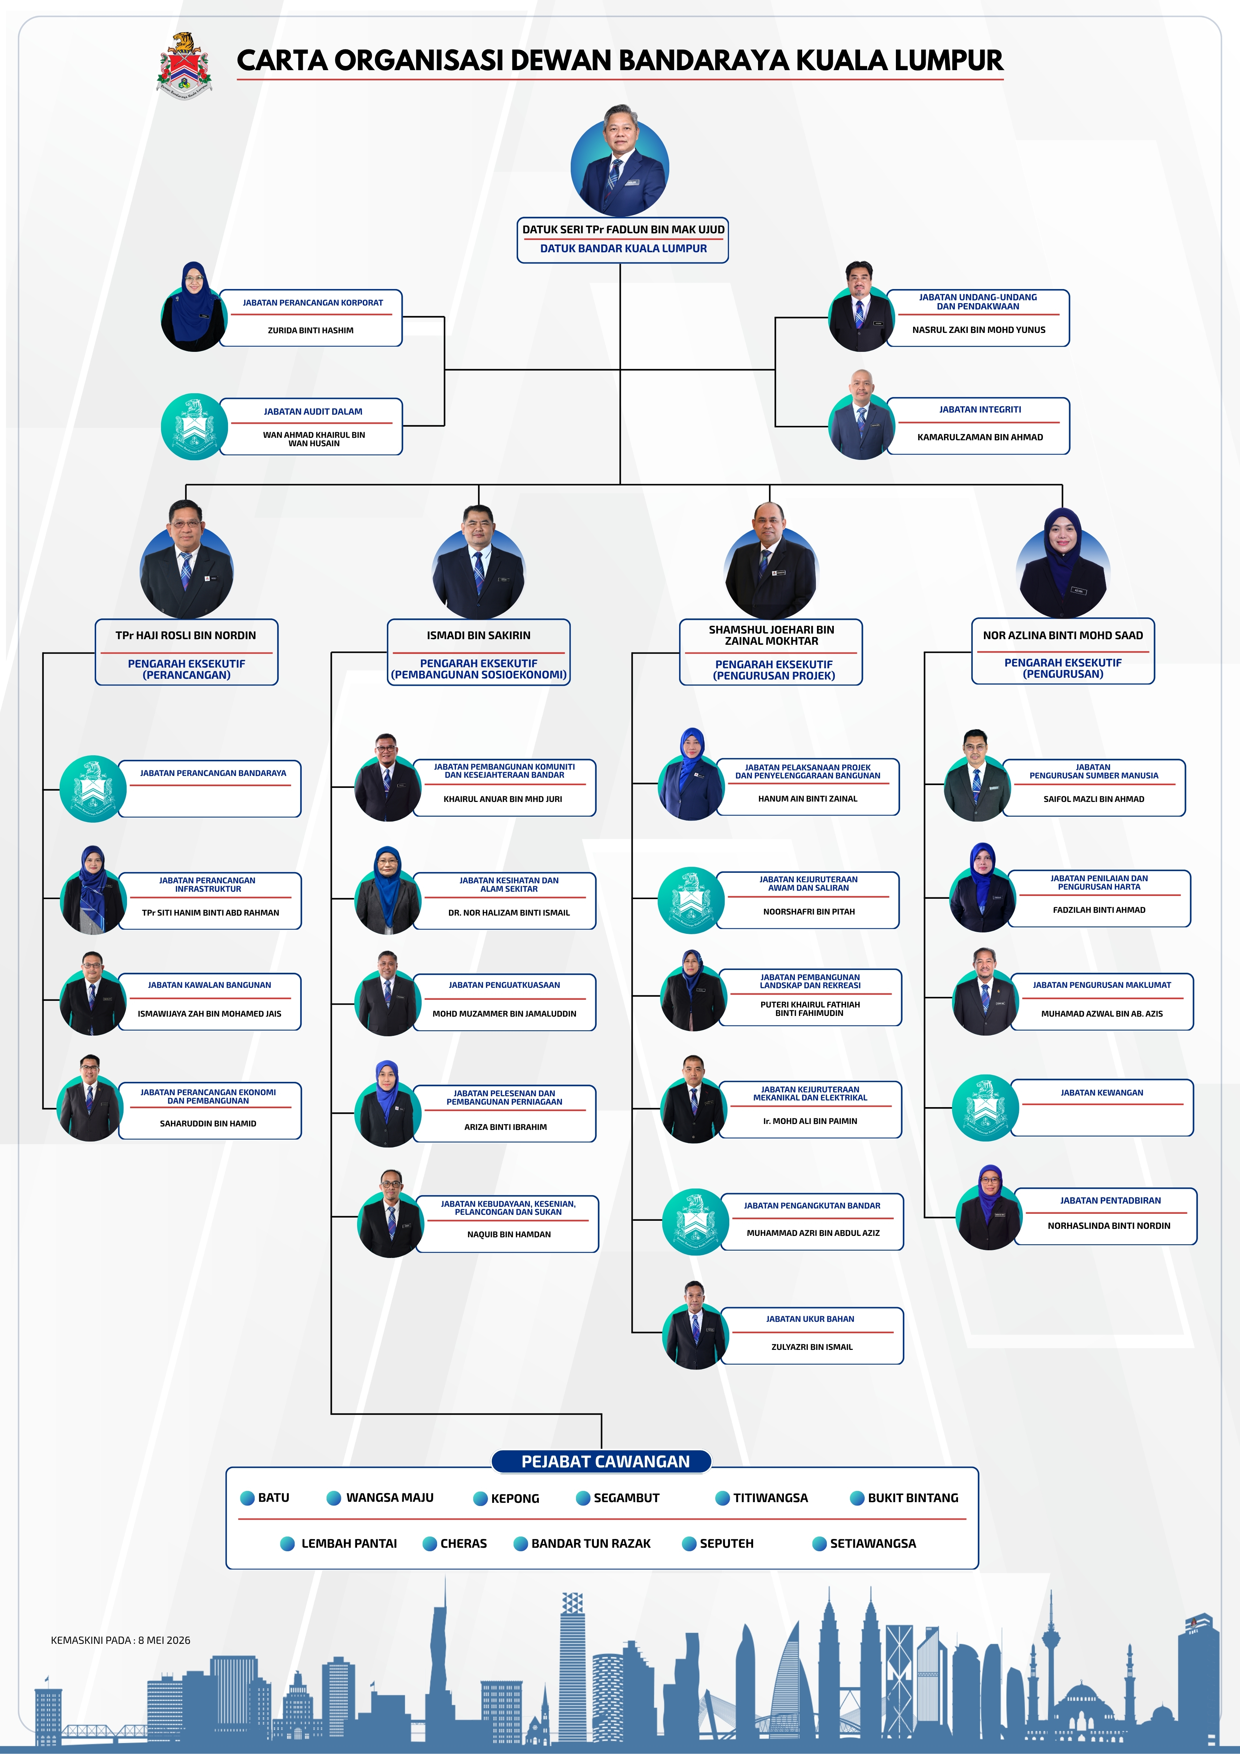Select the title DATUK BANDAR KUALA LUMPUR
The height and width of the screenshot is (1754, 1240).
(x=623, y=248)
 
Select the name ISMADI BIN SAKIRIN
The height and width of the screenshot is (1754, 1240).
(x=478, y=635)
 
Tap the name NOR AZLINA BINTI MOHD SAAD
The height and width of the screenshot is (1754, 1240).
(x=1063, y=635)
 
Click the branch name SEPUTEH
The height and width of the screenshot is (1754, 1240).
(x=726, y=1543)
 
